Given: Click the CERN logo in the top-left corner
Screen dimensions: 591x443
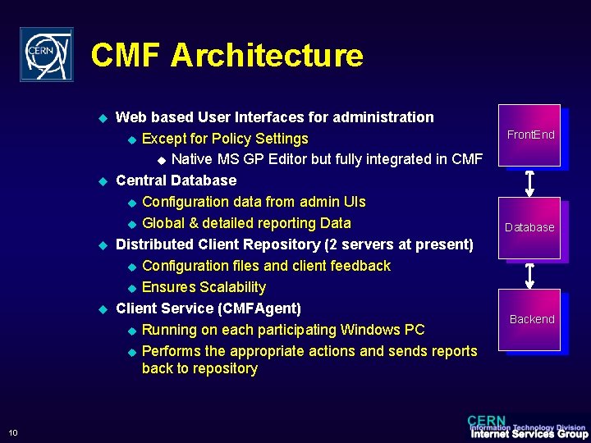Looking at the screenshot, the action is click(x=46, y=54).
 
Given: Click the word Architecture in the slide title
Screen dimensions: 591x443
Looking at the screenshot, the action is click(x=267, y=55).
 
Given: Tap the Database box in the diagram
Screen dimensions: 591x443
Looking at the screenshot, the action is click(x=529, y=227).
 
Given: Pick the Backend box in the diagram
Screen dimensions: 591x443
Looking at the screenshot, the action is click(x=531, y=319).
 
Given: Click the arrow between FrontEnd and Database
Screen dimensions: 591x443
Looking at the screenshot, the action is click(x=529, y=182).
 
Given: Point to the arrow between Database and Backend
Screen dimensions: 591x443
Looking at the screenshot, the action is click(x=529, y=275).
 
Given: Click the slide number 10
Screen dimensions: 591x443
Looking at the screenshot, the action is click(x=13, y=433).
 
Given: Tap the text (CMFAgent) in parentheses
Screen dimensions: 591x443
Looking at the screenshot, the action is click(x=259, y=308).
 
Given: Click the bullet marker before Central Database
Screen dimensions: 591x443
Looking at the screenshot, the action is click(x=103, y=180).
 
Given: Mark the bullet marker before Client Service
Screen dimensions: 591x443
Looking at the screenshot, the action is click(x=103, y=309).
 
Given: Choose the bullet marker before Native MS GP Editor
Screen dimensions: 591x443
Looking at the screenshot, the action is click(x=161, y=159).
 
